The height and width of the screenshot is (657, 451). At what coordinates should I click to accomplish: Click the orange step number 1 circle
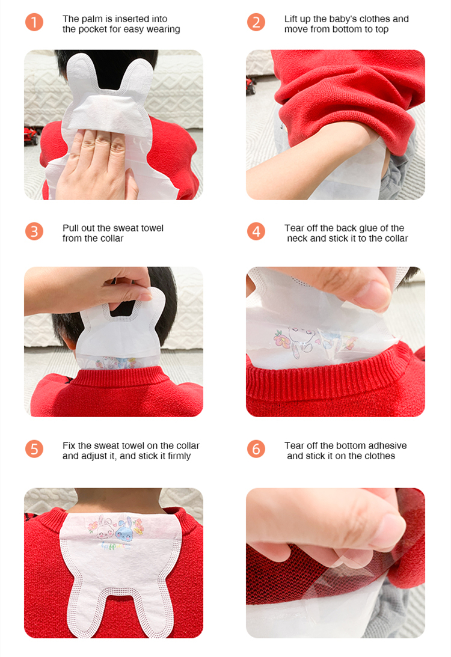tap(34, 22)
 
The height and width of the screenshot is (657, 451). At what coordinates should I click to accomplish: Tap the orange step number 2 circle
tap(256, 22)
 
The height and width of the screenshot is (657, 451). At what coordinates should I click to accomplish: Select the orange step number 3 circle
tap(34, 231)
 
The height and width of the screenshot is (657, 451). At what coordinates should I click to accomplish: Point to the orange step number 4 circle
tap(256, 231)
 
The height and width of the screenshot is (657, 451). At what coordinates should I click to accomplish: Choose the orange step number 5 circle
tap(34, 449)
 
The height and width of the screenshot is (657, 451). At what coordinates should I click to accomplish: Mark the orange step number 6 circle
tap(256, 449)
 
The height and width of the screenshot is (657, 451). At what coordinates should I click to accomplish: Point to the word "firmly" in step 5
tap(179, 456)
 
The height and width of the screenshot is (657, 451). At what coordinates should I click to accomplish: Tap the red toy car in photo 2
tap(251, 85)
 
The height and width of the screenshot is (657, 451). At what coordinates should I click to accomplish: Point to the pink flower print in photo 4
tap(281, 339)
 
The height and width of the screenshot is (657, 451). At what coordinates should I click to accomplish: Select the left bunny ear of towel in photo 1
tap(82, 73)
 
